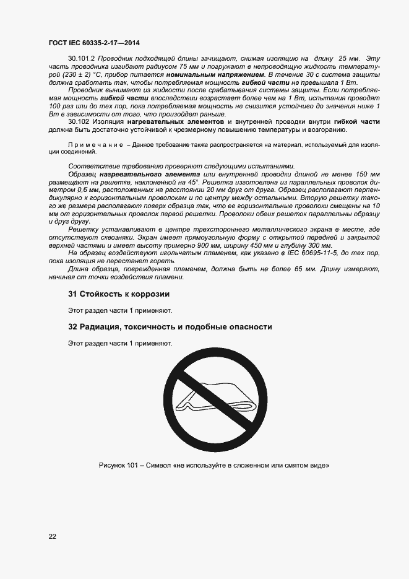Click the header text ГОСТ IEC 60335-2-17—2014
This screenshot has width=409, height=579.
coord(94,42)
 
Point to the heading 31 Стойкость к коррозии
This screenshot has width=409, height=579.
coord(118,294)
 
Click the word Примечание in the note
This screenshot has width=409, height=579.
coord(95,144)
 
